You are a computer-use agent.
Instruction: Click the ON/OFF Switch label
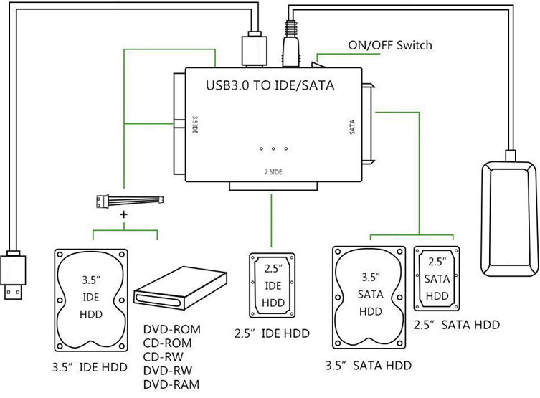[x=390, y=45]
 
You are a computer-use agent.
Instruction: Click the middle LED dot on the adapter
[x=273, y=149]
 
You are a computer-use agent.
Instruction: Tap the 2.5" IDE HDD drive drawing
[x=273, y=284]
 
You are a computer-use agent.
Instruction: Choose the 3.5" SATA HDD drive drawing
[x=369, y=299]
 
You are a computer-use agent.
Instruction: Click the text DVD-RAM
[x=173, y=384]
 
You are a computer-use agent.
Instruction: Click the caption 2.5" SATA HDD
[x=457, y=325]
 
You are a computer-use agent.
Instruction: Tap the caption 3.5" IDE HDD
[x=90, y=368]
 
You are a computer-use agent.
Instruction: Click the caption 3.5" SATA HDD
[x=368, y=366]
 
